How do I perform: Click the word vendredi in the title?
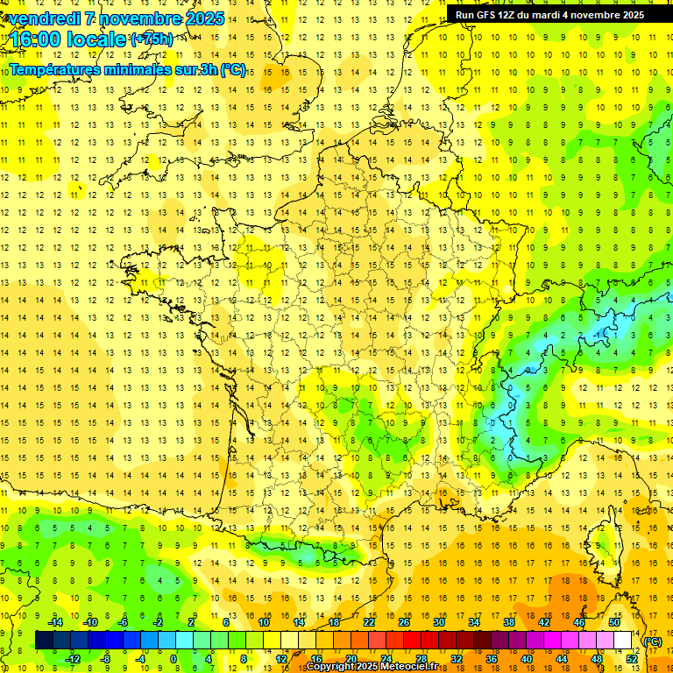click(44, 18)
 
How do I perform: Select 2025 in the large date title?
click(199, 18)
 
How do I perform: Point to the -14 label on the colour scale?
click(55, 622)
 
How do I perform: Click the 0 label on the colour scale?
click(174, 659)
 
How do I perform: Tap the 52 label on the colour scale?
click(632, 659)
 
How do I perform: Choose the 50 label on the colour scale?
click(614, 622)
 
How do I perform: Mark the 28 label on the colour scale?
click(421, 659)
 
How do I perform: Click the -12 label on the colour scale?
click(73, 659)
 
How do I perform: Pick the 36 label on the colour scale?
click(491, 659)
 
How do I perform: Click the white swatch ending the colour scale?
click(623, 641)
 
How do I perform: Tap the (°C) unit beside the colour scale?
click(652, 641)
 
